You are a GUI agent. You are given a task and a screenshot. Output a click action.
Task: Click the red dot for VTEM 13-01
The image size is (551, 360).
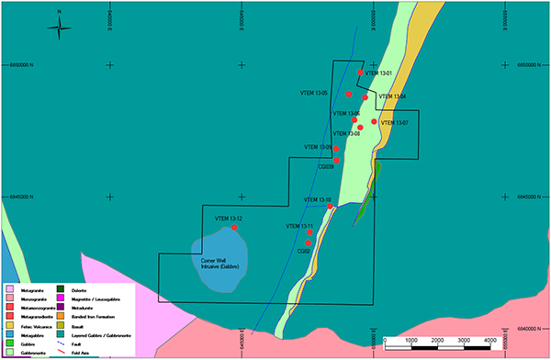point(362,73)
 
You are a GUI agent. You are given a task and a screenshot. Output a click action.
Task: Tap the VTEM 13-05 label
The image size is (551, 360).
point(314,93)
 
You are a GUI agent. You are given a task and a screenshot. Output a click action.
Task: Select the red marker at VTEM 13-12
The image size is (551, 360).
point(235,227)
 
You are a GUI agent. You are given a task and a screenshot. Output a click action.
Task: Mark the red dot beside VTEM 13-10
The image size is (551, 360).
point(331,207)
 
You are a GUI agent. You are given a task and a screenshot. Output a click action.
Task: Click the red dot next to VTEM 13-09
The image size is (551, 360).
point(337,149)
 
